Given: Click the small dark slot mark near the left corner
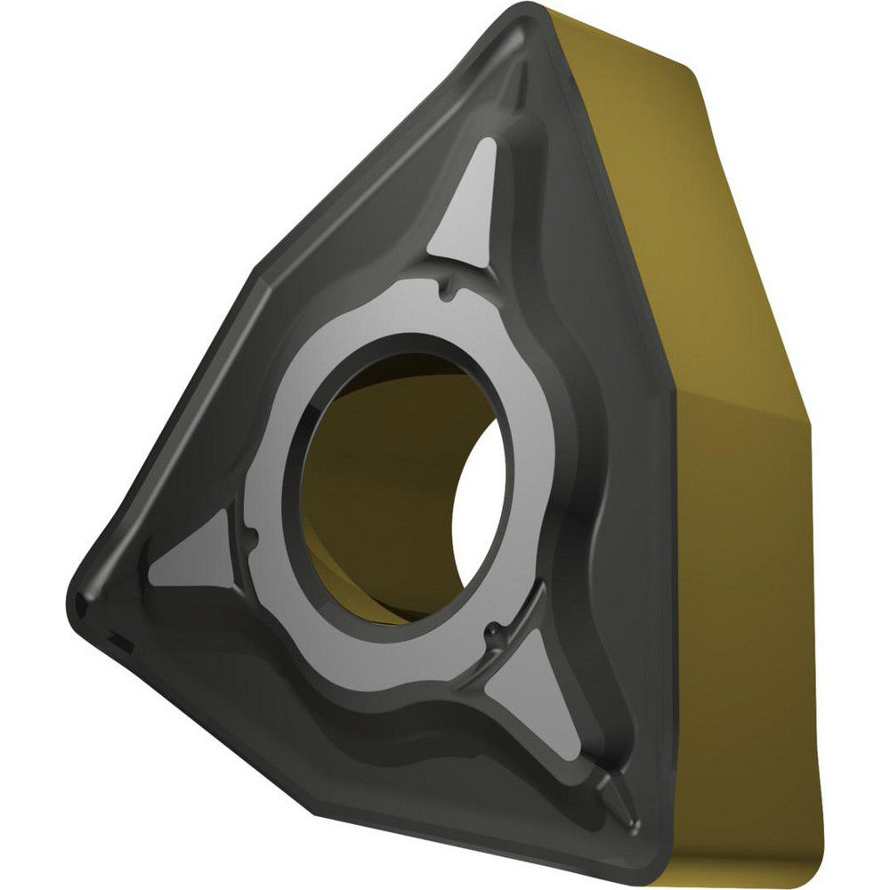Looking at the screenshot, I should pos(117,637).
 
